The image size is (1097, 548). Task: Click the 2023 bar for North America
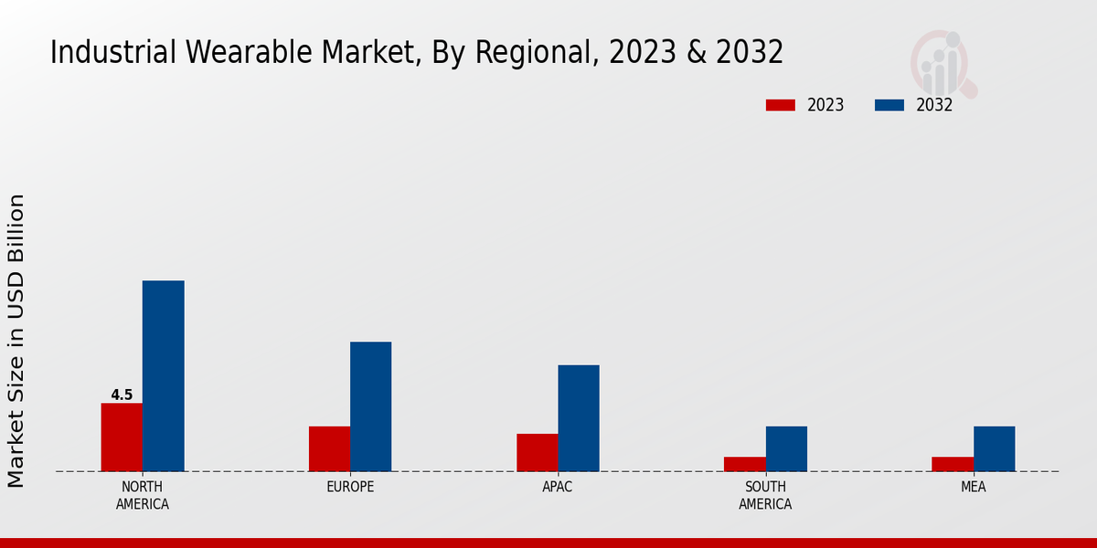[122, 437]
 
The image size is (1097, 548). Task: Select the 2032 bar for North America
[163, 376]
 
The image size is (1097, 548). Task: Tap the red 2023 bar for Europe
[329, 448]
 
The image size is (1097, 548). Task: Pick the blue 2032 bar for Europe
[370, 406]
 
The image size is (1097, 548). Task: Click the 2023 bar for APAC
[537, 452]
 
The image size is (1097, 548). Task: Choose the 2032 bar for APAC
[579, 418]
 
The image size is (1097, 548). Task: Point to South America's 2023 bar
[745, 464]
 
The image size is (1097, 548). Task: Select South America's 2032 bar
[786, 448]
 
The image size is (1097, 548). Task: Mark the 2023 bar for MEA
[953, 464]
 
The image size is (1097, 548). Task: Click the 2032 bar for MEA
[994, 448]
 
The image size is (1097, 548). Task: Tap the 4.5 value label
[122, 395]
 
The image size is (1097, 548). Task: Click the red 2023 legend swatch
[780, 105]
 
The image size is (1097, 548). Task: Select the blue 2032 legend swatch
[889, 105]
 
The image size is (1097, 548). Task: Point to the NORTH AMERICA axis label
[143, 495]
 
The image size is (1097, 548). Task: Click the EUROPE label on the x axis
[350, 487]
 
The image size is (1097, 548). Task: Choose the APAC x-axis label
[558, 487]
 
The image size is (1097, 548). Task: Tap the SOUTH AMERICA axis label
[765, 495]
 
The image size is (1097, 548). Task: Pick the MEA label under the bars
[973, 487]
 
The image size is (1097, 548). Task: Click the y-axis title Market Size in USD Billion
[16, 341]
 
